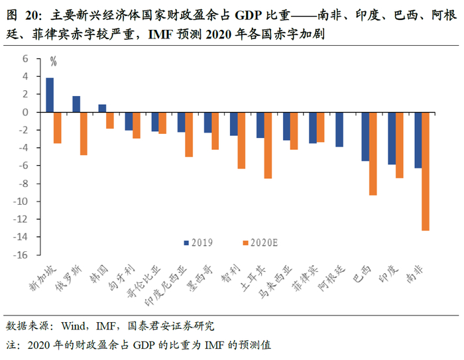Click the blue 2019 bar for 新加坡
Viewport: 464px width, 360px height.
tap(50, 95)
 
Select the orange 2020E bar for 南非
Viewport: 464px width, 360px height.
tap(425, 171)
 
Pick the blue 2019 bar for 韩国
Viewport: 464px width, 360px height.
tap(102, 108)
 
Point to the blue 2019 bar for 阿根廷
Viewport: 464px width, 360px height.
tap(339, 129)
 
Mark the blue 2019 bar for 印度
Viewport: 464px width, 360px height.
tap(391, 138)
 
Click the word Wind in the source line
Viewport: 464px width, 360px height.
tap(74, 326)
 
